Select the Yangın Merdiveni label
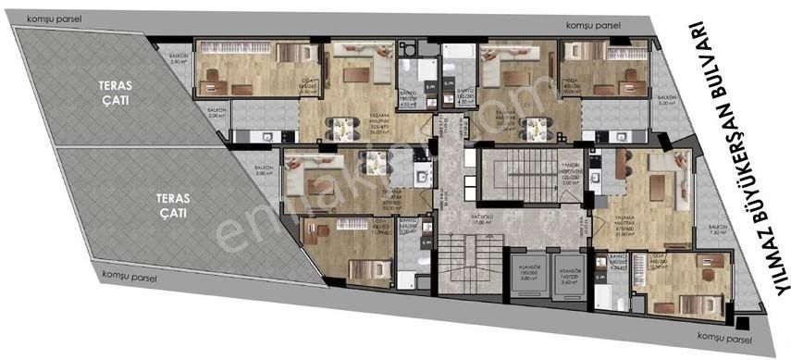[570, 175]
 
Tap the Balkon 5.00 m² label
[667, 100]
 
